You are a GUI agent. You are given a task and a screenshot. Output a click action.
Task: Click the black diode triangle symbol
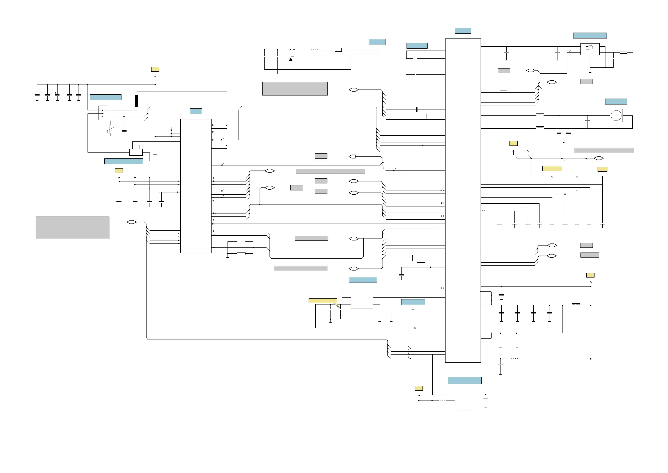tap(291, 60)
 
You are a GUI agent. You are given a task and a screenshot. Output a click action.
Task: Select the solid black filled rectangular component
tap(136, 101)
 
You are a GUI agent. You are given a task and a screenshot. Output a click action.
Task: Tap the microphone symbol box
tap(590, 49)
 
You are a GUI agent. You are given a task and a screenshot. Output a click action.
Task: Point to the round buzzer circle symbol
tap(616, 116)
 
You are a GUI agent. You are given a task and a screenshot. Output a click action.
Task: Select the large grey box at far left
tap(72, 228)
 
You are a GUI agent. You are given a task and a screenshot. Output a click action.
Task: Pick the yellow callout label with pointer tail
tap(323, 301)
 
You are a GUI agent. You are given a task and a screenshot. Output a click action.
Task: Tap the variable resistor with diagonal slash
tap(111, 129)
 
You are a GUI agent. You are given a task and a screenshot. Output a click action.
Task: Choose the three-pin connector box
tap(103, 113)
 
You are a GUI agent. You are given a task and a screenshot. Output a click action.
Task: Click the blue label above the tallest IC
tap(463, 31)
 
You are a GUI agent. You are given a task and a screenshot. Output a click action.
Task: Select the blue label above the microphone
tap(590, 36)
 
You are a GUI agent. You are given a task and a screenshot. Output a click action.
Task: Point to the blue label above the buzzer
tap(616, 102)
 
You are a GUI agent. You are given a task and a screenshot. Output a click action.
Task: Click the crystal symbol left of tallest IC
tap(415, 58)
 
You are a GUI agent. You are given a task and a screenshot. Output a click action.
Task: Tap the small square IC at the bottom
tap(464, 399)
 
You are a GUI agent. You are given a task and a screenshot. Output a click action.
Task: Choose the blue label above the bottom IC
tap(464, 380)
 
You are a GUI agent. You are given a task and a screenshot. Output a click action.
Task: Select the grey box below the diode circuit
tap(295, 89)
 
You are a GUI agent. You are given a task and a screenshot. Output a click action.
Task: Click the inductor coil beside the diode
tap(315, 49)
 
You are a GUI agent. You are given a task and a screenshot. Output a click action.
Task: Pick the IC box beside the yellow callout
tap(362, 301)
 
